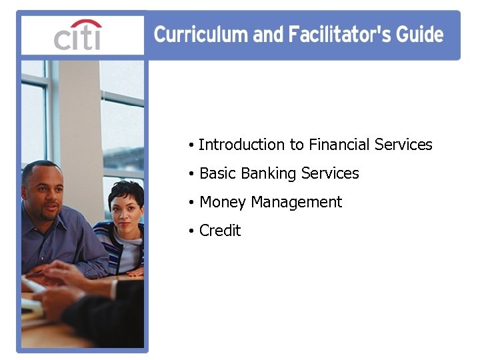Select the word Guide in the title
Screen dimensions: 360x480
pos(420,35)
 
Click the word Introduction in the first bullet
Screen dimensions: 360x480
pos(241,145)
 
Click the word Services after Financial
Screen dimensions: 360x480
pos(403,145)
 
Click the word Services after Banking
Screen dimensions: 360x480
pos(330,173)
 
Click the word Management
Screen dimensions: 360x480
pos(296,202)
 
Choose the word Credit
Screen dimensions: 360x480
pos(220,231)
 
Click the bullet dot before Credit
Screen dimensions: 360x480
pos(191,231)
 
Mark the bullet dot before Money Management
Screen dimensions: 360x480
pos(191,203)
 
